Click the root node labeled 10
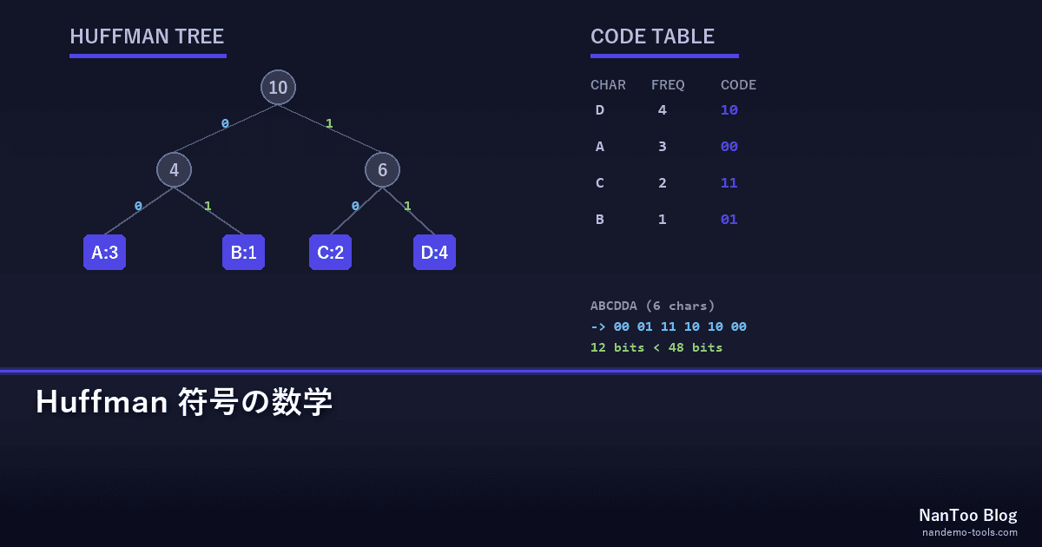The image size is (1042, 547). pyautogui.click(x=278, y=87)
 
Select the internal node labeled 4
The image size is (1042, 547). pyautogui.click(x=174, y=170)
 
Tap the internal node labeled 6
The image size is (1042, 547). pyautogui.click(x=382, y=170)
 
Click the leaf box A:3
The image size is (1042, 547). pyautogui.click(x=105, y=252)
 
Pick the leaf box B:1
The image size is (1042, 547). pyautogui.click(x=243, y=252)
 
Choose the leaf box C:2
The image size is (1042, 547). pyautogui.click(x=330, y=252)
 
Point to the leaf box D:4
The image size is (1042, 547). pyautogui.click(x=434, y=252)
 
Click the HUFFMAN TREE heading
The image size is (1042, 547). pyautogui.click(x=147, y=36)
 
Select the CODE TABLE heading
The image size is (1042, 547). pyautogui.click(x=652, y=36)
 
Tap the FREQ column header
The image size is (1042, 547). pyautogui.click(x=668, y=85)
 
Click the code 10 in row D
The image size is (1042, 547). pyautogui.click(x=729, y=109)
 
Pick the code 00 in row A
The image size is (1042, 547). pyautogui.click(x=729, y=147)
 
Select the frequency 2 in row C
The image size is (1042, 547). pyautogui.click(x=663, y=183)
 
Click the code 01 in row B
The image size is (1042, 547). pyautogui.click(x=729, y=219)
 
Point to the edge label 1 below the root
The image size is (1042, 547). pyautogui.click(x=329, y=123)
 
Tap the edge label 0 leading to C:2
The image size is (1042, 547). pyautogui.click(x=355, y=206)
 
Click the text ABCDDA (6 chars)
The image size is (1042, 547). pyautogui.click(x=652, y=306)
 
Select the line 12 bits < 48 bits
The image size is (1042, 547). pyautogui.click(x=656, y=347)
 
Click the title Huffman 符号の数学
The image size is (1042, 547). pyautogui.click(x=184, y=401)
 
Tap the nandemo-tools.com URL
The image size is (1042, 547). pyautogui.click(x=970, y=532)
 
